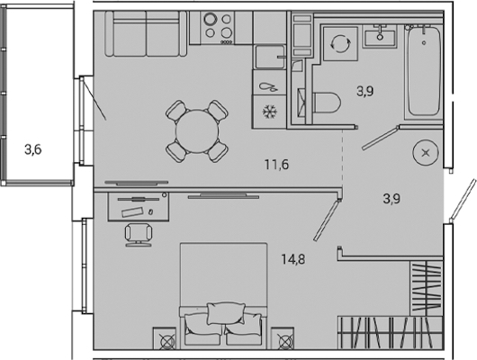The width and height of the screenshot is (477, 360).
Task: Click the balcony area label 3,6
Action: coord(33,149)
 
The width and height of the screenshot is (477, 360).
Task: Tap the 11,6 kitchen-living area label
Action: coord(276,165)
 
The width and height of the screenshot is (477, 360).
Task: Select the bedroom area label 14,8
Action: coord(293,259)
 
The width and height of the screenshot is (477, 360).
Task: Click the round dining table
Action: coord(197,131)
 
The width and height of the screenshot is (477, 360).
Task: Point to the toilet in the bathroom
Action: coord(326,103)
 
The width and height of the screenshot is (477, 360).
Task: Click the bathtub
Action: coord(424,71)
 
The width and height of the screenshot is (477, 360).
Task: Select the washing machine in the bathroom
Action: coord(340,44)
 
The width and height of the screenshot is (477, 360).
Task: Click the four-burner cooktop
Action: coord(218,28)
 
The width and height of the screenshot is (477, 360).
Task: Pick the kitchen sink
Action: coord(269,57)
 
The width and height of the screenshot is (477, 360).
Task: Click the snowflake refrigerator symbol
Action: coord(269,112)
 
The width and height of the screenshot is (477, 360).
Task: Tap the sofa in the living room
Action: coord(146,33)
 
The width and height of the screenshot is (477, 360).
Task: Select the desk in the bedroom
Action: coord(139,206)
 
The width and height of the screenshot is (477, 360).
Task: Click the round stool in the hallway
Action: coord(426,152)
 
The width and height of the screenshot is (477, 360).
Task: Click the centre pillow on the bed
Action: coord(226,313)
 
